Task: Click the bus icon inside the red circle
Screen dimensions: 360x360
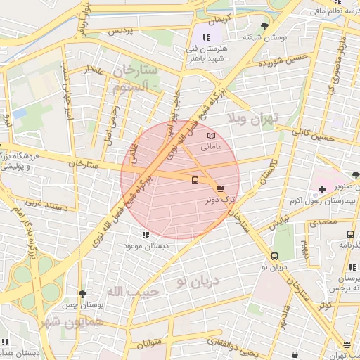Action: [x=195, y=180]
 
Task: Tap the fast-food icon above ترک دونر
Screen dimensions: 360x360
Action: [x=221, y=188]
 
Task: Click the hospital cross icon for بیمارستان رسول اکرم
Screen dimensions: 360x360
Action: [x=322, y=189]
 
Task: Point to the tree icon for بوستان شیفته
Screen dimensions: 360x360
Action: [x=264, y=26]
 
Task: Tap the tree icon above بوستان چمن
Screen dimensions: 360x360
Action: [x=82, y=294]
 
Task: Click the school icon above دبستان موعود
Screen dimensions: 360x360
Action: [x=146, y=235]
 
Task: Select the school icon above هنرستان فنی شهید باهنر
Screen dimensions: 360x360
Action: [x=205, y=37]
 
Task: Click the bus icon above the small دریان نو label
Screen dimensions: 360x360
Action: [x=274, y=256]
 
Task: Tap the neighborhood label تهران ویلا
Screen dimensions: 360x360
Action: [x=254, y=117]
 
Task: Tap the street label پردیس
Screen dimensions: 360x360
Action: [x=120, y=32]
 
